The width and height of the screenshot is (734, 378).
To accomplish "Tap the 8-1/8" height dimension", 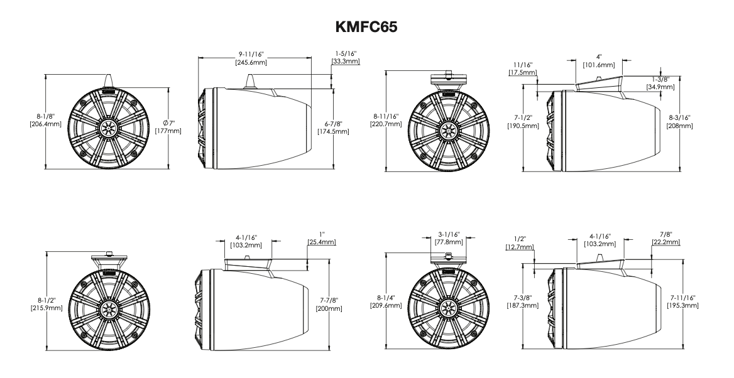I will pos(48,116).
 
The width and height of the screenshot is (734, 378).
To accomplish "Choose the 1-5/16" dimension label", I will pos(345,55).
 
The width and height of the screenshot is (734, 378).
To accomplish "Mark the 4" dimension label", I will pos(598,57).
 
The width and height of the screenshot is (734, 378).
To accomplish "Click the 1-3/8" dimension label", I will pos(660,79).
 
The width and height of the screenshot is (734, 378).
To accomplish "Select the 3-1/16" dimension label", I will pos(448,234).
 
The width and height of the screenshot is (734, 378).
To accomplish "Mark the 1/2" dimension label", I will pos(520,240).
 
